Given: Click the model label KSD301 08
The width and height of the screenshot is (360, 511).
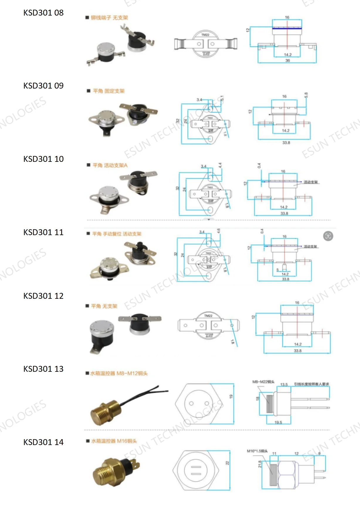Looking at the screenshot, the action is (x=43, y=13).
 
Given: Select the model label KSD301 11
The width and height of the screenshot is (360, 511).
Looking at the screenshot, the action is (x=43, y=232).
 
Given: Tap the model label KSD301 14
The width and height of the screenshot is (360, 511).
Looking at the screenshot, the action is (x=43, y=442).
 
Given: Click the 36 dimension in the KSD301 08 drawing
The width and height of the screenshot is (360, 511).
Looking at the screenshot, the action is (x=288, y=61).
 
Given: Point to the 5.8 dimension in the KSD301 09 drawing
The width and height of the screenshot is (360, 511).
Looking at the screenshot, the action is (x=306, y=95).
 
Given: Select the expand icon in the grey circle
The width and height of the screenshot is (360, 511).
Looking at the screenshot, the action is (x=328, y=236).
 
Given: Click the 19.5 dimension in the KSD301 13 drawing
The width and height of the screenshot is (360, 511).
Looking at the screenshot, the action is (x=278, y=422).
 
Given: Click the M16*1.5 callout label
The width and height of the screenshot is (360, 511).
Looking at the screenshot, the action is (x=257, y=451).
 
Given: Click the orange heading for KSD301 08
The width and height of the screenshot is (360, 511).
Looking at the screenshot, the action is (x=109, y=18).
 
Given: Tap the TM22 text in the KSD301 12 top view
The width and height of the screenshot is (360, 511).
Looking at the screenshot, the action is (x=208, y=316).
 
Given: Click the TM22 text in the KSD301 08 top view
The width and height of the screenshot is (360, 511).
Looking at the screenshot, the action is (x=205, y=35).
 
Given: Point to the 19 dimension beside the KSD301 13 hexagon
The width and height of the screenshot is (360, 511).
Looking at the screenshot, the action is (x=231, y=396).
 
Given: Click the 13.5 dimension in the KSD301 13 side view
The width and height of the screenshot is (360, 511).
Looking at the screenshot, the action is (x=284, y=384).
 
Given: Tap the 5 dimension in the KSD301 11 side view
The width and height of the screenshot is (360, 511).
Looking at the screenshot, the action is (x=278, y=270).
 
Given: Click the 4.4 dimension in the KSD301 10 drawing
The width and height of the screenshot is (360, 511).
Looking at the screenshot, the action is (x=220, y=165).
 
